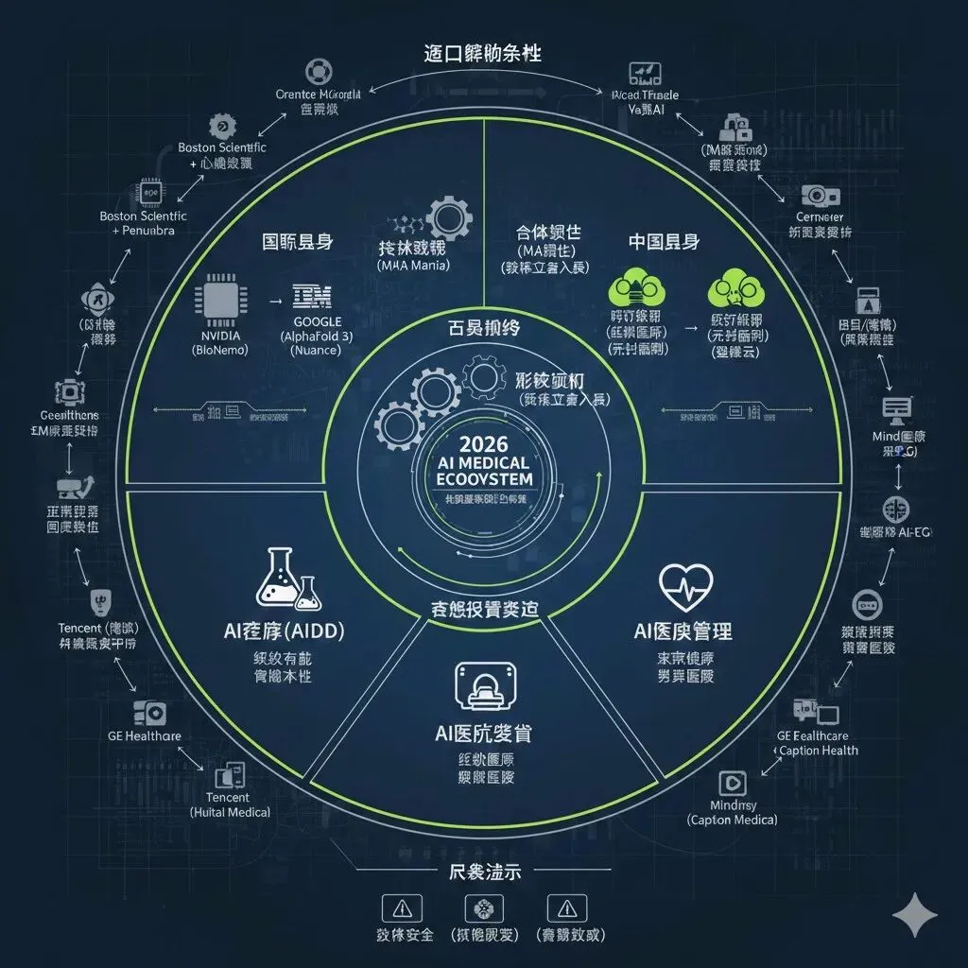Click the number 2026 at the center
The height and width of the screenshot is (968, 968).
tap(482, 444)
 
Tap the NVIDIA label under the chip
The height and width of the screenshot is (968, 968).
tap(221, 336)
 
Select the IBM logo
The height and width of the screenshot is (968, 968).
tap(313, 297)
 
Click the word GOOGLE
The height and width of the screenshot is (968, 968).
tap(311, 322)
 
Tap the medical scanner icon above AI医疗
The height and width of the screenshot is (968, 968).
tap(483, 685)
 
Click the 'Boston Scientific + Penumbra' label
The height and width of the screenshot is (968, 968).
tap(144, 223)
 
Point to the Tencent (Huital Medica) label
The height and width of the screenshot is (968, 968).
tap(229, 804)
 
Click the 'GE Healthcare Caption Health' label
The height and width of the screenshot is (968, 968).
tap(816, 743)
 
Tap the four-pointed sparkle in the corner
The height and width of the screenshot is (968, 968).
tap(915, 914)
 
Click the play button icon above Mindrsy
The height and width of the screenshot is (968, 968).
tap(732, 782)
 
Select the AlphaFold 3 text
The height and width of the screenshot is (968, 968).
tap(317, 336)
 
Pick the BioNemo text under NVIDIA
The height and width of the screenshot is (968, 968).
tap(220, 349)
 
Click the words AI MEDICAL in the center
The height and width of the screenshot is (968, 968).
tap(482, 462)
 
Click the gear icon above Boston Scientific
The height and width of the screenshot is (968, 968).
tap(221, 124)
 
